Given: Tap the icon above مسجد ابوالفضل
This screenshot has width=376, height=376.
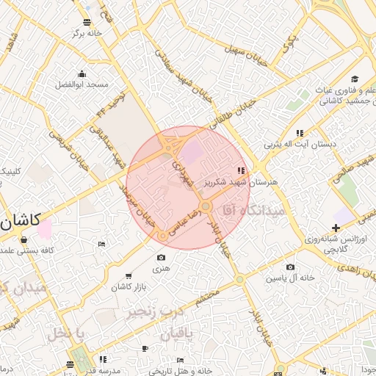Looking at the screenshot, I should coord(82,73).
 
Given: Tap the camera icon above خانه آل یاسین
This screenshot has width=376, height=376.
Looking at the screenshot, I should coord(290,267).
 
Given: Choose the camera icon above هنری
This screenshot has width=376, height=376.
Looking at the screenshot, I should coord(162,258).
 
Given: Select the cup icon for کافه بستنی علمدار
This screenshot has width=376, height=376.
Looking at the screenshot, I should coord(24,239).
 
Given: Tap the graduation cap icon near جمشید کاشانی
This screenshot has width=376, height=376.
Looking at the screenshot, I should coord(354,79).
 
